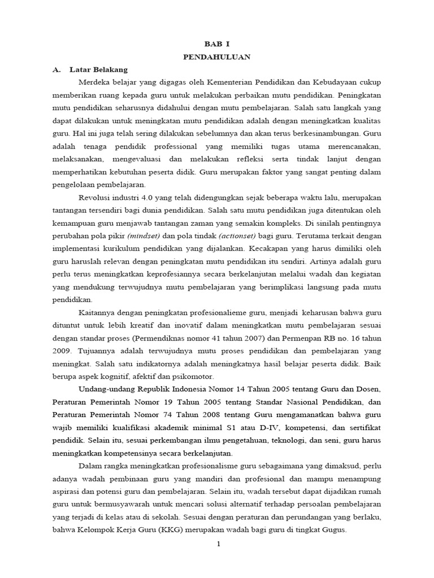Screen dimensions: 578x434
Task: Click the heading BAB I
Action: point(217,43)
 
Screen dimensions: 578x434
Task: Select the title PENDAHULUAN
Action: point(217,57)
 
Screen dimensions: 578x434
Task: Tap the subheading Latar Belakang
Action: point(98,70)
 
